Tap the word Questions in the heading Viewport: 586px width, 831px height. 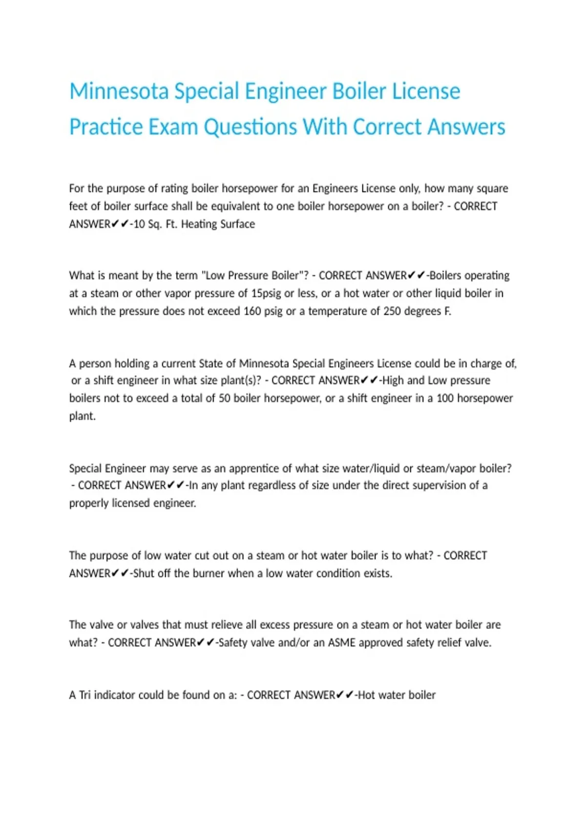pos(250,127)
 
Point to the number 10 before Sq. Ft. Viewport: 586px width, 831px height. pos(139,224)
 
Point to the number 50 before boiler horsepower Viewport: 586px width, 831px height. pos(224,398)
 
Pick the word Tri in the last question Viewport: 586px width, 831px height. pos(85,695)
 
